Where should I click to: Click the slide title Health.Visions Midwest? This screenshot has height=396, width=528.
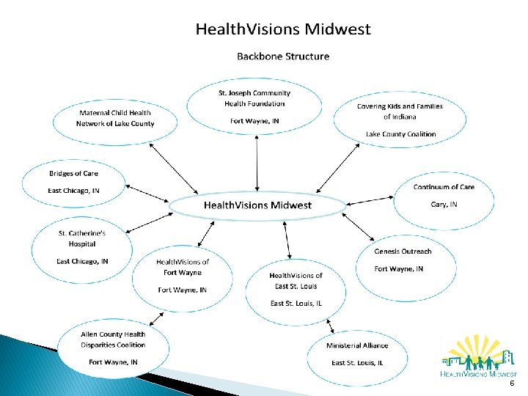click(283, 30)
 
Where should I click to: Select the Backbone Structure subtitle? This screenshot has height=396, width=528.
click(282, 56)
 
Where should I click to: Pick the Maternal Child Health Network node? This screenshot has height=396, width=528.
click(116, 118)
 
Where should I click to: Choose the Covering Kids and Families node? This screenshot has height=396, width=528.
click(400, 120)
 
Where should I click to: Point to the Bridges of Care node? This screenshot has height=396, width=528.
click(73, 183)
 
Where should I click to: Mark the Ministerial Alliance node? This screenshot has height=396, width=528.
click(358, 353)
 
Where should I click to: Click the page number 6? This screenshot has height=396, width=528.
click(511, 384)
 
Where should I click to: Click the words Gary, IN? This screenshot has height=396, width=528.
click(444, 205)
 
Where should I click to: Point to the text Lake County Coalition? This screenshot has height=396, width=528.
click(400, 134)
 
